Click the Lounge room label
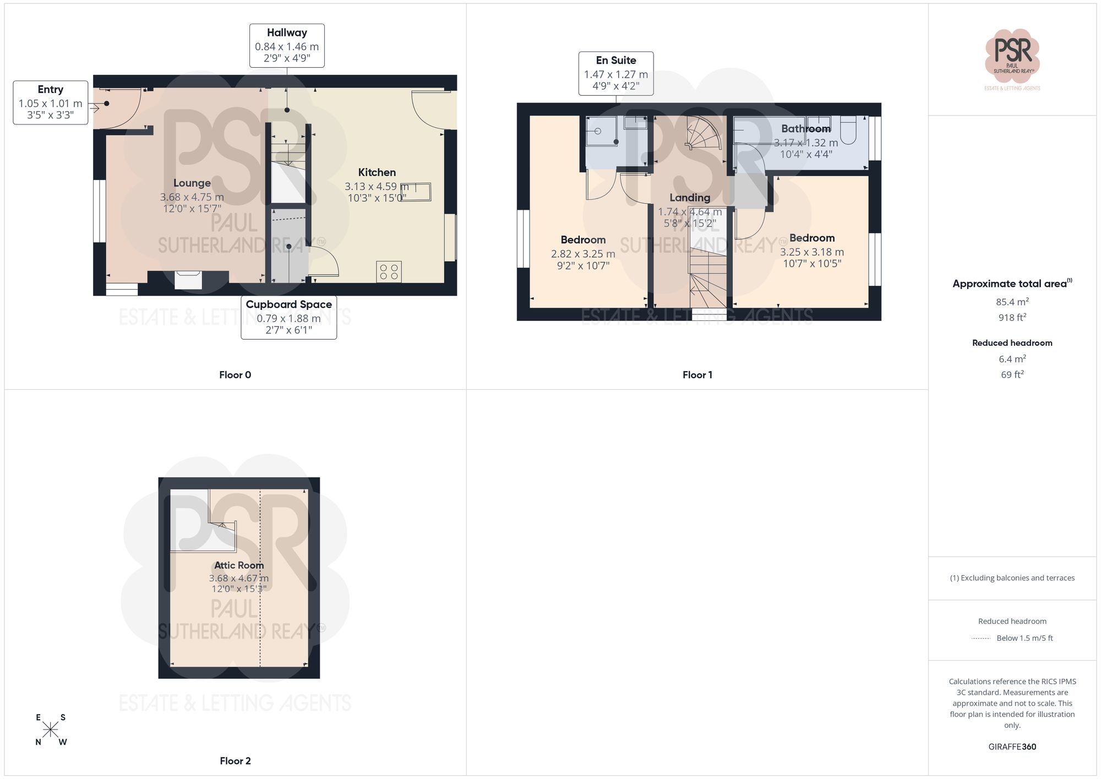(192, 183)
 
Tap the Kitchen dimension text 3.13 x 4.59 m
(377, 187)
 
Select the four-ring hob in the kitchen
(389, 272)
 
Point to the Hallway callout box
(287, 46)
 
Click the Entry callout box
(50, 102)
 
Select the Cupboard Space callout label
(288, 305)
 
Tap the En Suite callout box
(615, 74)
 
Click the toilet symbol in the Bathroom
(848, 130)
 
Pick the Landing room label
(689, 198)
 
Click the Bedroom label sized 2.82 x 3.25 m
(583, 240)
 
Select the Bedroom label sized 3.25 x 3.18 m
(811, 238)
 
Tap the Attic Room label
(239, 565)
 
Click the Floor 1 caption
(697, 375)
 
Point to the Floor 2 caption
(235, 761)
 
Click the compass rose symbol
(51, 730)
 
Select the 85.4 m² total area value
(1012, 302)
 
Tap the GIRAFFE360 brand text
(1012, 747)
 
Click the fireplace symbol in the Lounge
(188, 280)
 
